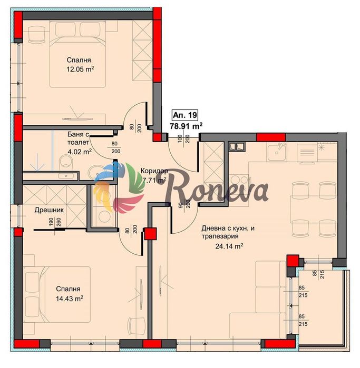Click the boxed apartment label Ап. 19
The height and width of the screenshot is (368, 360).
[x=185, y=115]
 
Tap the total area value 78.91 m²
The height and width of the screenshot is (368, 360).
[x=186, y=126]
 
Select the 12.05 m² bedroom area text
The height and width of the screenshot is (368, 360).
[x=80, y=69]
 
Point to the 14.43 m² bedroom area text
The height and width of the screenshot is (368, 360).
[x=70, y=299]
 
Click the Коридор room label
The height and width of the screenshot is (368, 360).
[x=154, y=171]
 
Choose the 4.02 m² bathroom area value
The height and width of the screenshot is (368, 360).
[x=80, y=152]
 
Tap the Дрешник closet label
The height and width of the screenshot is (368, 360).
[x=49, y=210]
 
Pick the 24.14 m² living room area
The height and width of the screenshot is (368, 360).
[x=229, y=246]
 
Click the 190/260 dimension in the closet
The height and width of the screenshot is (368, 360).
[x=55, y=222]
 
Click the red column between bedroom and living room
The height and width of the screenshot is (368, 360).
[x=150, y=234]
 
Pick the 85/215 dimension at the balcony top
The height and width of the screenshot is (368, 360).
[x=318, y=274]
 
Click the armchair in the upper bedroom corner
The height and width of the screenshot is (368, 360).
[x=37, y=35]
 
